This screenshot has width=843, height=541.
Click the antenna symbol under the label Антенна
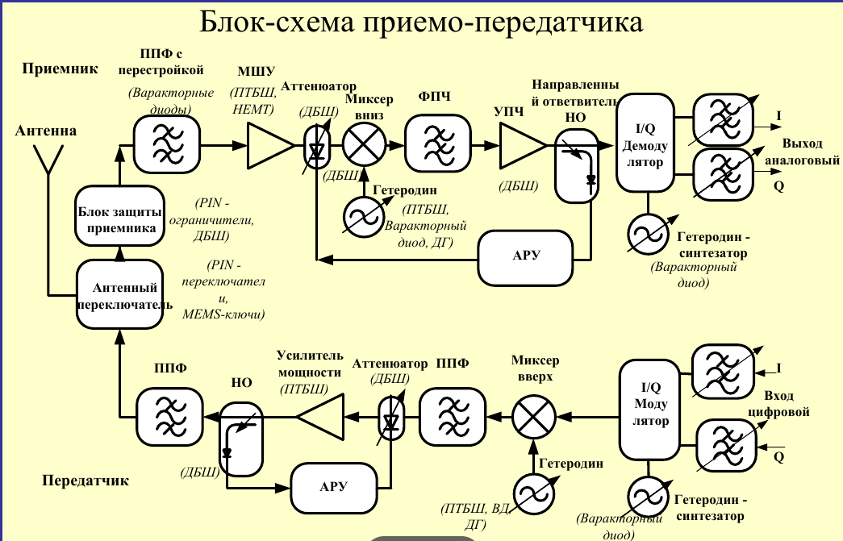48,165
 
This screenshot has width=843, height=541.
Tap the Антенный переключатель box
119,296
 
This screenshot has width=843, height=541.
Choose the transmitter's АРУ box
334,486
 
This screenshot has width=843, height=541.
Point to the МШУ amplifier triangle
269,147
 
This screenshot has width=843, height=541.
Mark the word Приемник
61,69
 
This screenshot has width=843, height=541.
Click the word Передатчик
86,481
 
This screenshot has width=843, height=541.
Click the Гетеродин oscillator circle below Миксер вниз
361,215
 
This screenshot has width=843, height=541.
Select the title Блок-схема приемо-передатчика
421,22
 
